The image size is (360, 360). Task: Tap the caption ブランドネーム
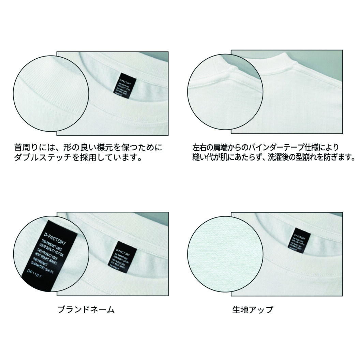[x=86, y=310]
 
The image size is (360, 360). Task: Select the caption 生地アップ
[x=253, y=310]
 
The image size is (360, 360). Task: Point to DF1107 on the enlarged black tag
[x=34, y=273]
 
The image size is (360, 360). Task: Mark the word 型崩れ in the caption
[x=309, y=158]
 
